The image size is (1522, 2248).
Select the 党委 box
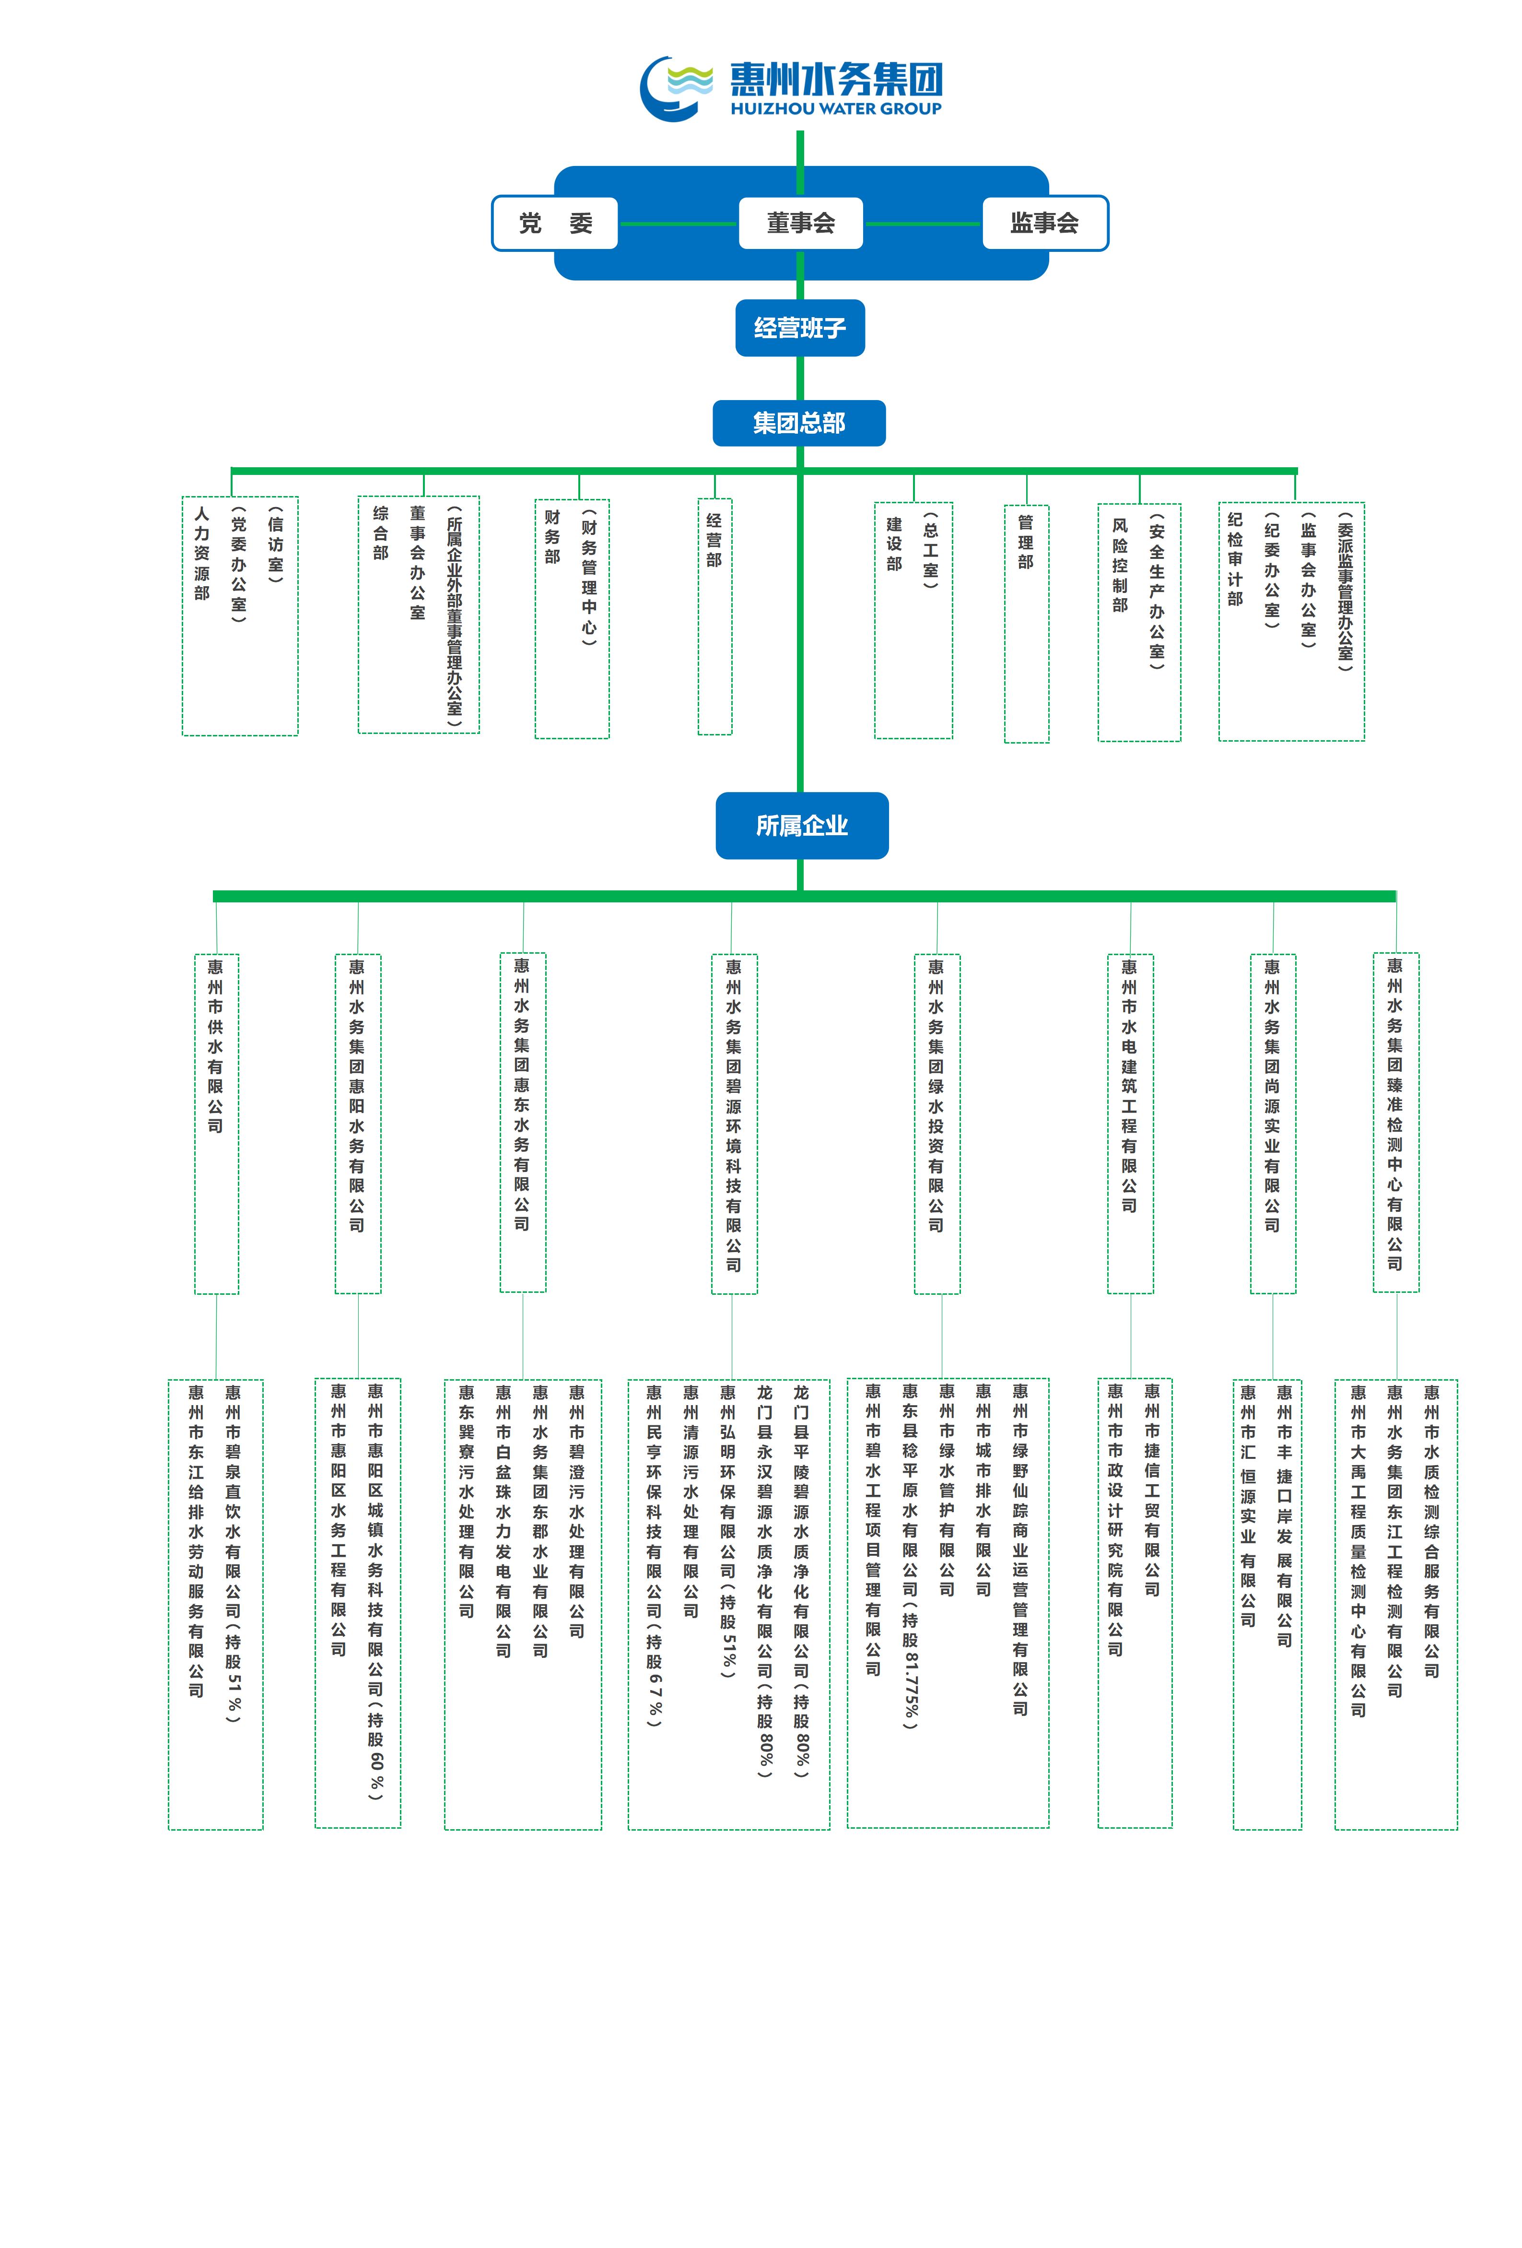[x=555, y=224]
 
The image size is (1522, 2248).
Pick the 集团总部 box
[x=799, y=423]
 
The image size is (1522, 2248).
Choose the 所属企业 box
[x=802, y=825]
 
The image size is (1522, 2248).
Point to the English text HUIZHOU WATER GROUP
[x=835, y=108]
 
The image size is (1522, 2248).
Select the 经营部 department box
[x=714, y=616]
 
